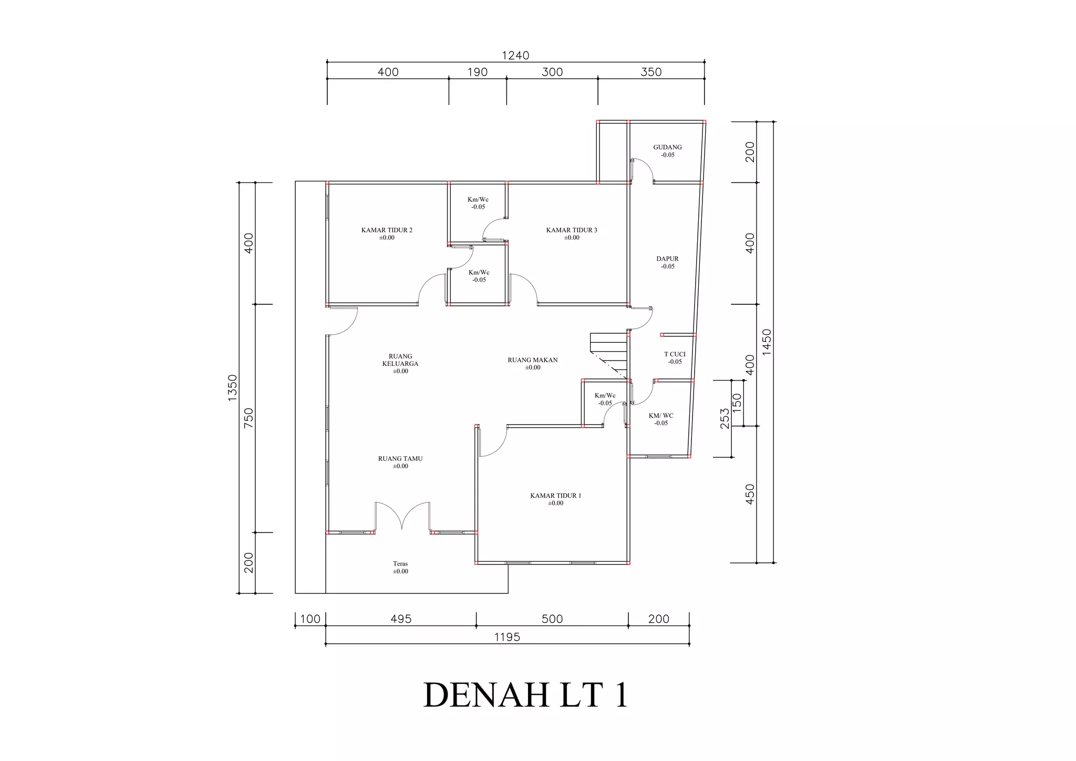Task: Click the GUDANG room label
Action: tap(667, 148)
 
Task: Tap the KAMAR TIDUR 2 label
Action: tap(387, 230)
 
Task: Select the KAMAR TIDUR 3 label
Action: tap(572, 230)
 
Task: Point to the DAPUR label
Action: tap(667, 259)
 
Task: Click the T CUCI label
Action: tap(675, 354)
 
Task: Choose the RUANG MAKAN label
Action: tap(532, 360)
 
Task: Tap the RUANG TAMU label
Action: tap(400, 459)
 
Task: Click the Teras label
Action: tap(400, 564)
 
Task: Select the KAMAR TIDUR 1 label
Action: tap(555, 496)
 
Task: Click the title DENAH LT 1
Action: tap(525, 695)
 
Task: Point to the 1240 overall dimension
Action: tap(515, 55)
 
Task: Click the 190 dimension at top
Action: tap(478, 72)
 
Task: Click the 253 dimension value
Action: tap(725, 418)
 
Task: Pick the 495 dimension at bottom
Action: tap(401, 619)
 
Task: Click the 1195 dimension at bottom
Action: tap(507, 637)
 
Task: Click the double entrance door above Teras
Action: tap(402, 517)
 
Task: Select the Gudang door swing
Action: tap(642, 170)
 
